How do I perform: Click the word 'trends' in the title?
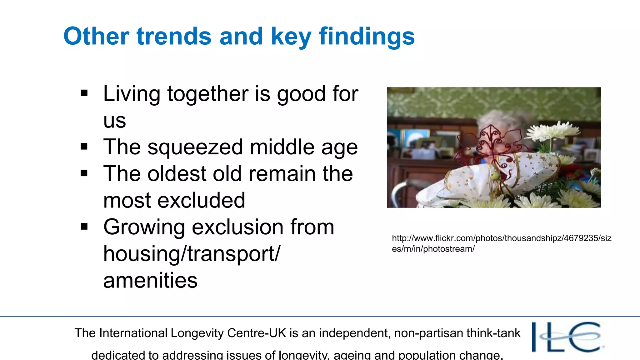click(174, 36)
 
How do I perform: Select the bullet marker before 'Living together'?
click(84, 93)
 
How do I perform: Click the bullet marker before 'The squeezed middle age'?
click(84, 147)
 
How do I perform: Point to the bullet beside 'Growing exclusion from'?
click(84, 227)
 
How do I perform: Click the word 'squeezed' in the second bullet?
click(195, 147)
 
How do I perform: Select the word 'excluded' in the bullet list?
click(201, 200)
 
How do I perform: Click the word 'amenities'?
click(150, 280)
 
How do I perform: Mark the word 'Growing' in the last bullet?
click(144, 227)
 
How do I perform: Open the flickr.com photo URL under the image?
click(501, 243)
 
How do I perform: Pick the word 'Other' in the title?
click(96, 36)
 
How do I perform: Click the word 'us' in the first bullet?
click(115, 120)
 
